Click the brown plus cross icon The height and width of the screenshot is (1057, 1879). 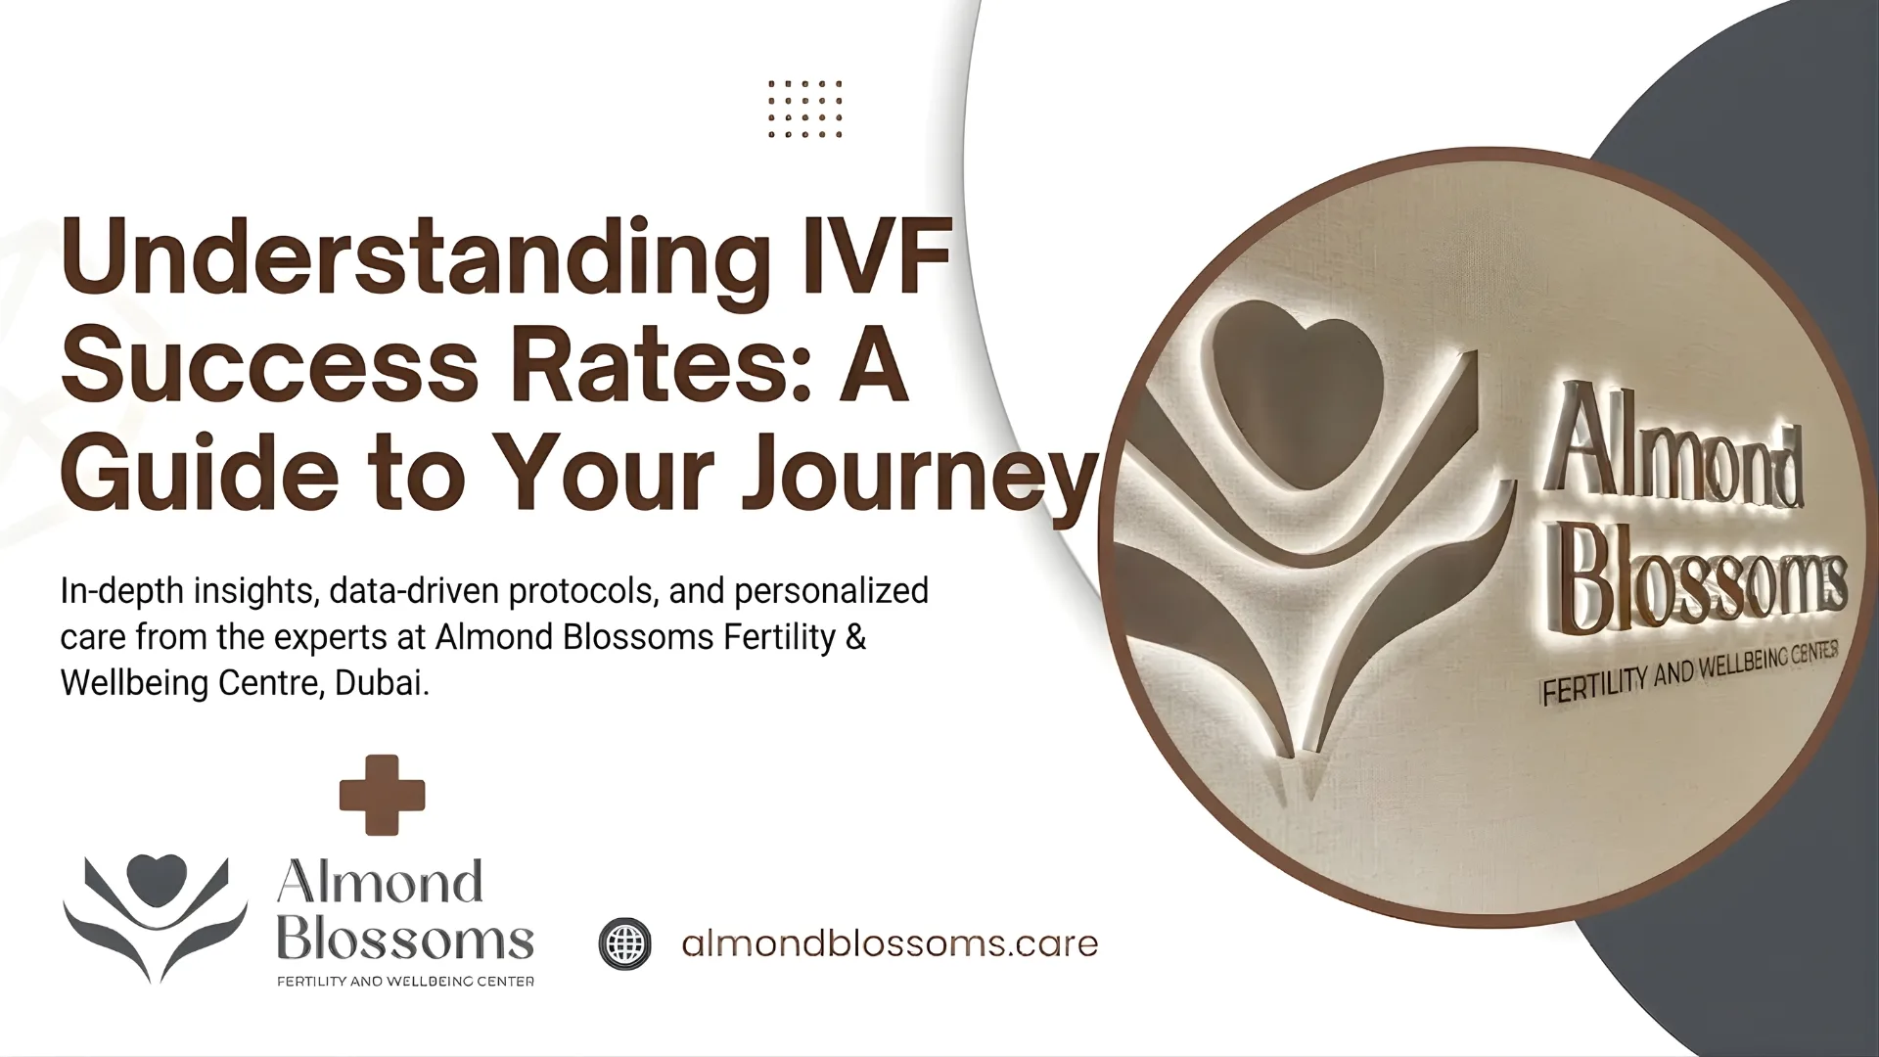(382, 795)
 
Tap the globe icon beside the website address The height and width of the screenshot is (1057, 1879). (624, 943)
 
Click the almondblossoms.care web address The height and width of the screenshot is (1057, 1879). (889, 943)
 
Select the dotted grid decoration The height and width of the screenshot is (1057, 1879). (804, 109)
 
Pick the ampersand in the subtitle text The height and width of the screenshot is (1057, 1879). (855, 637)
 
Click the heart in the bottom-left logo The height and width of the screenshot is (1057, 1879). (157, 869)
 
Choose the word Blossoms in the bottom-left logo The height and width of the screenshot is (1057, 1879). (404, 940)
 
